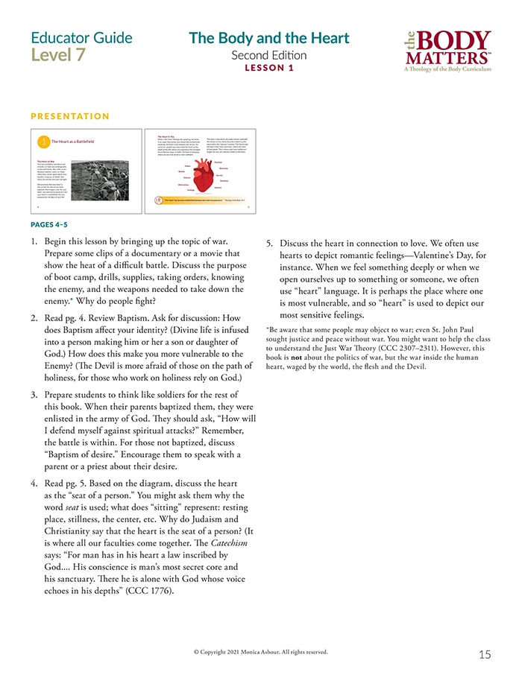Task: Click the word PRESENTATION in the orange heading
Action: point(70,116)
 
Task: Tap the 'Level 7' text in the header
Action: point(58,55)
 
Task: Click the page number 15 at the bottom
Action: point(485,654)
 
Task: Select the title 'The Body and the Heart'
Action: point(268,38)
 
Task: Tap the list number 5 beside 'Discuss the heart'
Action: point(271,244)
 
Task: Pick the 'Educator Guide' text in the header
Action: point(82,37)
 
